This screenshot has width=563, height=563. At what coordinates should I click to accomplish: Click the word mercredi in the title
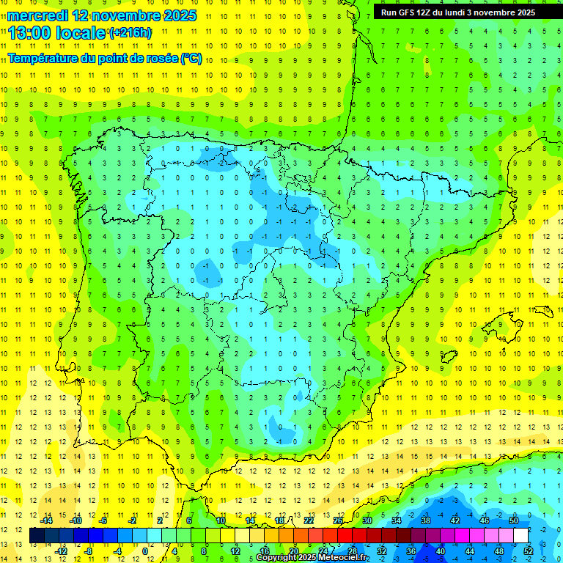pos(39,15)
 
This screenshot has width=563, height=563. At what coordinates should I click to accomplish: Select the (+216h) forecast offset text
pos(130,33)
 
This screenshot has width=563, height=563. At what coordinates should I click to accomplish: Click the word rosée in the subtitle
pos(161,59)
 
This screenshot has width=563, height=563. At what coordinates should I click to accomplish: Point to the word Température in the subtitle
pos(44,59)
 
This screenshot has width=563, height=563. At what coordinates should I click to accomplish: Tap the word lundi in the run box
pos(453,12)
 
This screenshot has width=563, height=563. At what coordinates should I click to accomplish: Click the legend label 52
pos(528,551)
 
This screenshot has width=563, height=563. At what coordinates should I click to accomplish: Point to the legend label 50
pos(514,520)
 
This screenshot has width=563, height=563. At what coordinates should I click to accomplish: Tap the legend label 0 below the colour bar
pos(144,551)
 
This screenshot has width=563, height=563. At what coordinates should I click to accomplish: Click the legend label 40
pos(440,551)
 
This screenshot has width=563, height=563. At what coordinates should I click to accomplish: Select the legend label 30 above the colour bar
pos(367,520)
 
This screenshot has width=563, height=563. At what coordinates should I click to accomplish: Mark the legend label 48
pos(498,551)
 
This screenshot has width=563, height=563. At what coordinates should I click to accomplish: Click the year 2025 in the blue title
pos(177,15)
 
